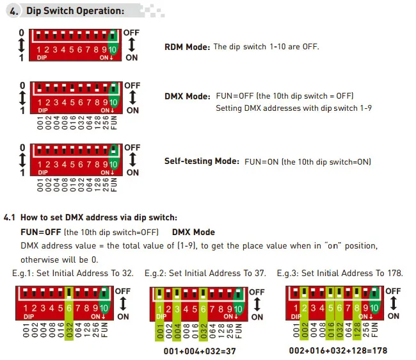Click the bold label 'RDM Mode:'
coord(187,47)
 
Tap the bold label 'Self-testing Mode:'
coord(202,161)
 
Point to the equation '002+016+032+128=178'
coord(338,351)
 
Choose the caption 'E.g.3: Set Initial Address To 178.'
coord(340,273)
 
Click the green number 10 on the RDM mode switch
coord(113,49)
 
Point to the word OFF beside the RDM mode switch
coord(132,31)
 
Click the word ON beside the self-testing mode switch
coord(132,172)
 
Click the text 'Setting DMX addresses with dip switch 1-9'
coord(294,108)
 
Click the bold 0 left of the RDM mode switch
coord(21,32)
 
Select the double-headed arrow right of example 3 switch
coord(393,303)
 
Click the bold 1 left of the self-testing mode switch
coord(22,172)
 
